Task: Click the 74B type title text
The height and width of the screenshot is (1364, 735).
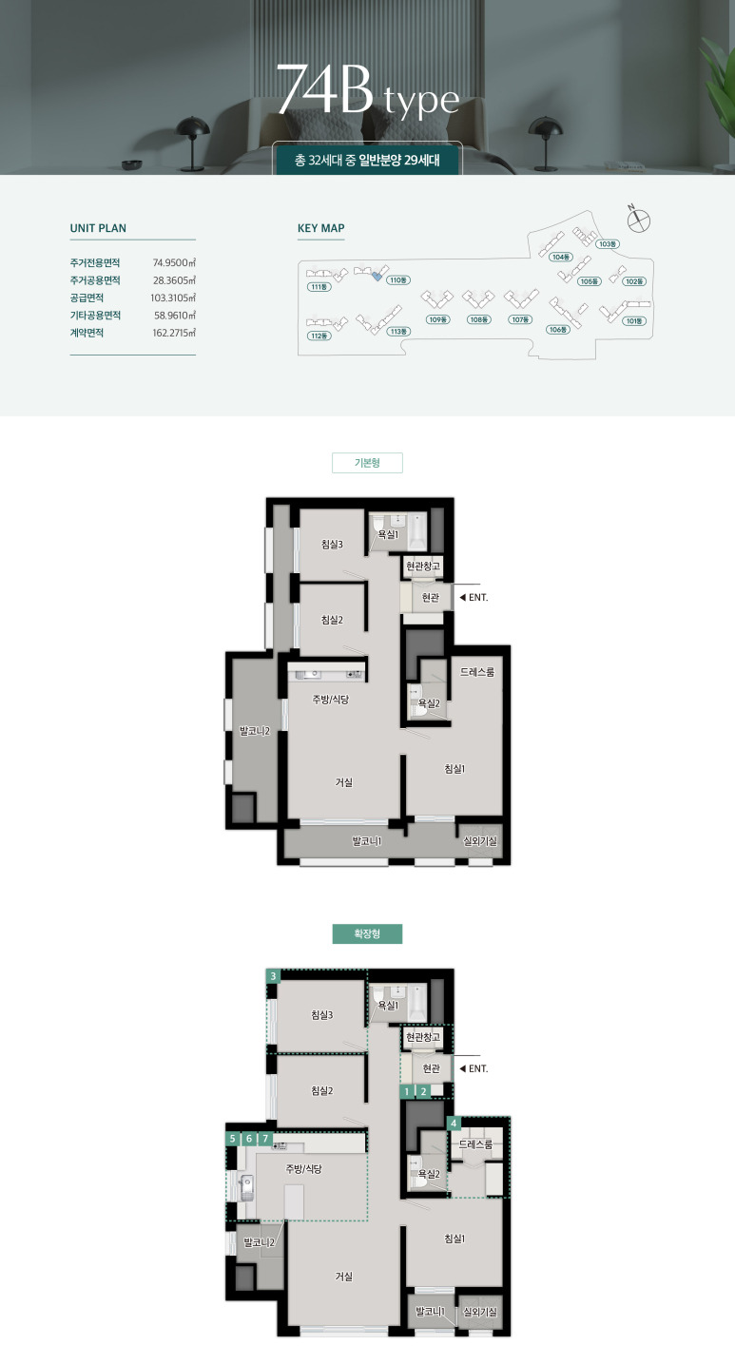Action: tap(368, 90)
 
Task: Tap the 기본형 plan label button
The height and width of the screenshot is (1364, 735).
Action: tap(367, 463)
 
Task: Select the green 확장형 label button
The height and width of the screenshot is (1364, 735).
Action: tap(367, 933)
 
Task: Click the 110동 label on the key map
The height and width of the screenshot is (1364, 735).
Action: tap(398, 280)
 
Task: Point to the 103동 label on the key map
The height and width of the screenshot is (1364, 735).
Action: tap(608, 244)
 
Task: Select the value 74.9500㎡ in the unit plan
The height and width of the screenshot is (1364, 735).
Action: tap(174, 262)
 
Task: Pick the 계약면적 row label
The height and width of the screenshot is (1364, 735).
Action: tap(87, 333)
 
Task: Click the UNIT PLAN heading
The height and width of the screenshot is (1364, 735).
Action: tap(98, 228)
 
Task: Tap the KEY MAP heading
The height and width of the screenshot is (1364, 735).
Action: tap(321, 228)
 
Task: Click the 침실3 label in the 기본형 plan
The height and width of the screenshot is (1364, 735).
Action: tap(332, 545)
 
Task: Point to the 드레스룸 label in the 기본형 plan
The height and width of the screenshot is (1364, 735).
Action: tap(477, 672)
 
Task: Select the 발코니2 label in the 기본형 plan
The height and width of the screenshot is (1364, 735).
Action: tap(255, 731)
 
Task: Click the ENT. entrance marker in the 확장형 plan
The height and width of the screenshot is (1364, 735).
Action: tap(474, 1068)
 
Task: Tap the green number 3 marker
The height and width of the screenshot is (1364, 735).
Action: tap(274, 976)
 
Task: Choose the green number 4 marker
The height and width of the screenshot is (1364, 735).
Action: tap(454, 1124)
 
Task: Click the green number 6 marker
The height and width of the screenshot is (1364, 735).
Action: tap(248, 1139)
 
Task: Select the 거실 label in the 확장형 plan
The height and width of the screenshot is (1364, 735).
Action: tap(344, 1277)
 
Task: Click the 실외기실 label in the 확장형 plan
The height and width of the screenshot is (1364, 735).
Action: tap(480, 1312)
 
